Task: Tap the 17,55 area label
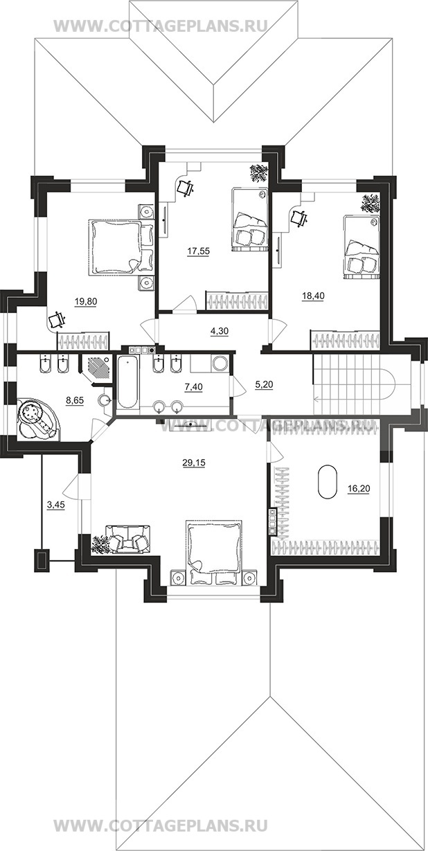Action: pyautogui.click(x=198, y=251)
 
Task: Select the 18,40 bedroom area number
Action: pyautogui.click(x=313, y=296)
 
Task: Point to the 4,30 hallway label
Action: pyautogui.click(x=220, y=331)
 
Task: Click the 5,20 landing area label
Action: pyautogui.click(x=264, y=385)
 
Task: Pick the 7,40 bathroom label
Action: pyautogui.click(x=193, y=387)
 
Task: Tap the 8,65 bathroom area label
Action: pyautogui.click(x=75, y=400)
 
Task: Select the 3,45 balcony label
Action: pyautogui.click(x=55, y=505)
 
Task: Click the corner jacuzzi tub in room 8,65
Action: pyautogui.click(x=37, y=419)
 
